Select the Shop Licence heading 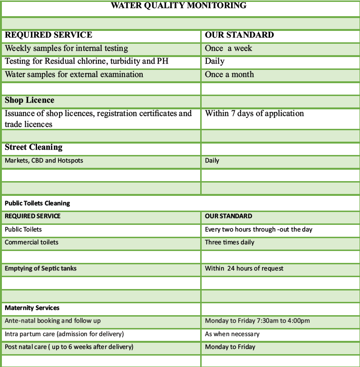click(29, 100)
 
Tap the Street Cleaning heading click(34, 147)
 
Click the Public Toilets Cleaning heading click(37, 203)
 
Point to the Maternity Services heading click(32, 308)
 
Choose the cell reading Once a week click(228, 48)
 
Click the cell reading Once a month click(229, 74)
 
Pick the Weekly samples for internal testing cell click(67, 48)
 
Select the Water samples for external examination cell click(74, 74)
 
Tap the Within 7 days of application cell click(254, 113)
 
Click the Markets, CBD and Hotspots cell click(44, 160)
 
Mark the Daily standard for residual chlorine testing click(214, 61)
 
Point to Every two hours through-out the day click(258, 229)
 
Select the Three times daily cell click(229, 242)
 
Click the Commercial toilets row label click(31, 242)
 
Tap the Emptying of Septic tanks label click(40, 268)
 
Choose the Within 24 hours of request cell click(244, 268)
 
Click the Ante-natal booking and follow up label click(53, 320)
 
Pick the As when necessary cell click(232, 334)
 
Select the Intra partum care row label click(64, 334)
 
